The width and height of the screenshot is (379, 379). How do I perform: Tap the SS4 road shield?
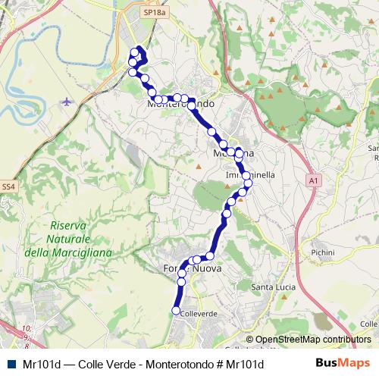tap(8, 186)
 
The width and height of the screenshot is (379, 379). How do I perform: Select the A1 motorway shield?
tap(313, 180)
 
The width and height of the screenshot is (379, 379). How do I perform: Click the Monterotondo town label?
tap(181, 103)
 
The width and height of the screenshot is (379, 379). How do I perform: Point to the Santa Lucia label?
tap(274, 287)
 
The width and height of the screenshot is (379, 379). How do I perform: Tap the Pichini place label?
tap(324, 251)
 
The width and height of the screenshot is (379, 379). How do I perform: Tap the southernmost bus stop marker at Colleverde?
tap(177, 311)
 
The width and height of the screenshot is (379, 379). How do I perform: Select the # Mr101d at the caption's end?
tap(241, 364)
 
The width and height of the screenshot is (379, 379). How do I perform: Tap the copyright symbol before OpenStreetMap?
tap(249, 340)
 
